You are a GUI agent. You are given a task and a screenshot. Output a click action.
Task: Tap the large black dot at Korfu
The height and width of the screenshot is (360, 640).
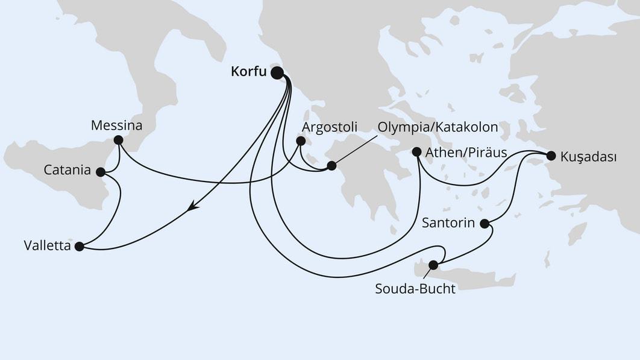coord(277,73)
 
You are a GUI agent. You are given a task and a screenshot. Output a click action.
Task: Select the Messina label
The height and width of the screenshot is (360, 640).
coord(116,126)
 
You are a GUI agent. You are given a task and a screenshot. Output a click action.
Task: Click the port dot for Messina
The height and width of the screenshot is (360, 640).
coord(118,140)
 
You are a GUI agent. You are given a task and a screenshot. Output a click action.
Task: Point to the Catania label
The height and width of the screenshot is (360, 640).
coord(67,171)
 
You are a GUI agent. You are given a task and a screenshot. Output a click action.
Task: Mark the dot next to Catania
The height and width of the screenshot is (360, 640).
coord(101,172)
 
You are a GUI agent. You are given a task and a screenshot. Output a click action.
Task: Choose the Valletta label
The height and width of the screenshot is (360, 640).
coord(46,246)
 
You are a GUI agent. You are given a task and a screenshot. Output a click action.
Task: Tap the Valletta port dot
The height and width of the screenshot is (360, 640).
coord(79,246)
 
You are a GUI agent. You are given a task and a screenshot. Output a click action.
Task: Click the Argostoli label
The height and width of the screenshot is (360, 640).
coord(329,127)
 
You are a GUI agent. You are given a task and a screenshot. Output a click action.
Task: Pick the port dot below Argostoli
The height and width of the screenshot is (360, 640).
coord(300,141)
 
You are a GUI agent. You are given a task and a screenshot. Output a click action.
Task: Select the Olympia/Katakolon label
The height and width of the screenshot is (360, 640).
coord(438,127)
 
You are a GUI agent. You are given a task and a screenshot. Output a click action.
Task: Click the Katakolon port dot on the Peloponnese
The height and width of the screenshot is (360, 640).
coord(331,165)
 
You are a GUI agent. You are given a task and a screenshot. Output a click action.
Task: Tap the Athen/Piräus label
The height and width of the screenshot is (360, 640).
coord(466,152)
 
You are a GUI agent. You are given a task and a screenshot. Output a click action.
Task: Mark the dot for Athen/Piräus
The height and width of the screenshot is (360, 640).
coord(416,152)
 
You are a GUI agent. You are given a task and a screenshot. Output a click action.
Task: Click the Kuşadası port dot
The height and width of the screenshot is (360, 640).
coord(550,156)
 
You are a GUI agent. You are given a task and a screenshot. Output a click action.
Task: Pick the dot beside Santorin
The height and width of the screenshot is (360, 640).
coord(485,224)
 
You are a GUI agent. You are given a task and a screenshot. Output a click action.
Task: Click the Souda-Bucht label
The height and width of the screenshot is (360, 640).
coord(415,288)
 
